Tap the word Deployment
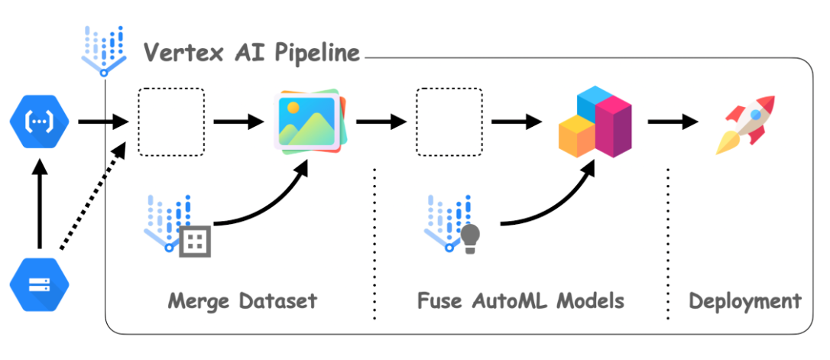pyautogui.click(x=744, y=300)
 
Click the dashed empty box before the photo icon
pyautogui.click(x=170, y=122)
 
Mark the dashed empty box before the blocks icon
pyautogui.click(x=449, y=122)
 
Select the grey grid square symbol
pyautogui.click(x=195, y=241)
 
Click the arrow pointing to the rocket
pyautogui.click(x=673, y=122)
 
